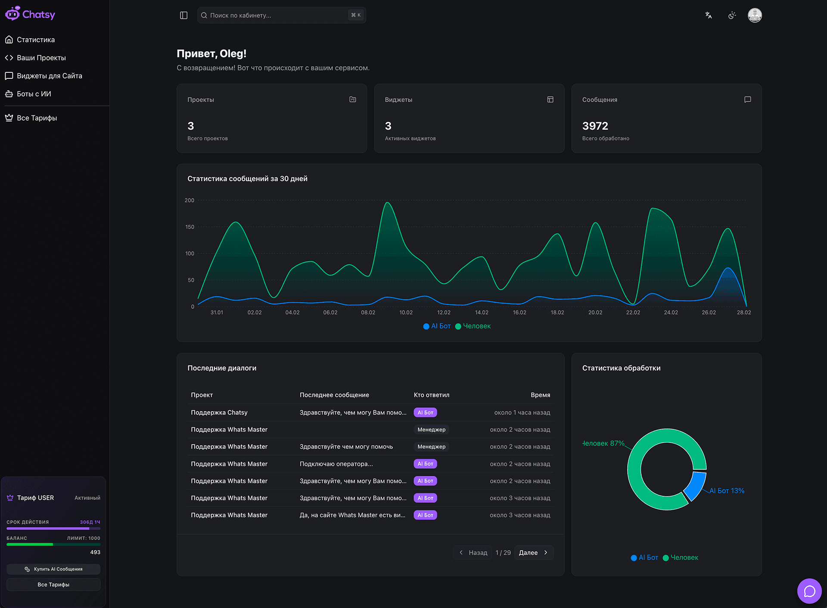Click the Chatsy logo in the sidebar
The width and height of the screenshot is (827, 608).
[30, 14]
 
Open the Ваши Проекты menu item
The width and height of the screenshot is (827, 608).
[41, 58]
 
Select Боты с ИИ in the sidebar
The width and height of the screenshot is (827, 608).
[34, 94]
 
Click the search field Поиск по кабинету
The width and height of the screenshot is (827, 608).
[276, 16]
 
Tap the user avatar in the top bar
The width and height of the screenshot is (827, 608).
[755, 16]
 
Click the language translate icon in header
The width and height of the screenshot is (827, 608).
[708, 16]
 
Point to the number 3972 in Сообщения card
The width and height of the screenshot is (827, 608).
[595, 126]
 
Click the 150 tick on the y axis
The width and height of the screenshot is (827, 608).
[190, 227]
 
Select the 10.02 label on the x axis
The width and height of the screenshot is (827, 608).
[406, 313]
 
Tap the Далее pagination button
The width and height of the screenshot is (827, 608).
[533, 552]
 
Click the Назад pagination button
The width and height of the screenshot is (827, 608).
[473, 552]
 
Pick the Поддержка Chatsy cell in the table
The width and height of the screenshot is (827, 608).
[219, 413]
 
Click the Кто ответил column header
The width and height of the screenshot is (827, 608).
[431, 395]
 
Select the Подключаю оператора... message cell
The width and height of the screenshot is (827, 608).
[336, 464]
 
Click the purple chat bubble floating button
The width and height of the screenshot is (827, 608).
[809, 591]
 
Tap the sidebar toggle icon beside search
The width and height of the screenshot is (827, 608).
[183, 16]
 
